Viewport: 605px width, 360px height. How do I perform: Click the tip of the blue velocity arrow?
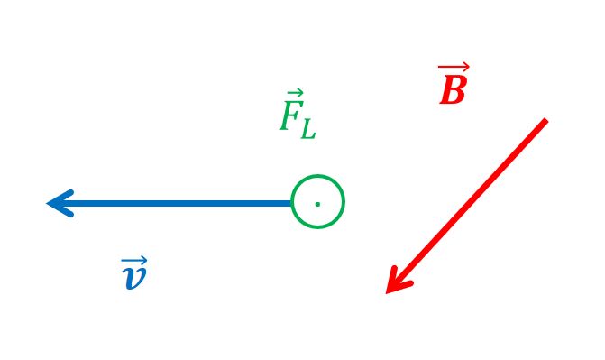[x=47, y=204]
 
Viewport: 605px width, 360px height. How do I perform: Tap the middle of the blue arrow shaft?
[x=170, y=204]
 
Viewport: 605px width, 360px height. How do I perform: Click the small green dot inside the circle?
[x=317, y=204]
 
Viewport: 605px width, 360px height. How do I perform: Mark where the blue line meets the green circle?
[x=292, y=204]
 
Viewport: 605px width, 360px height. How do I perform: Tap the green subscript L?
[x=308, y=130]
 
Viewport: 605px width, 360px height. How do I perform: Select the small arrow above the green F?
[x=296, y=94]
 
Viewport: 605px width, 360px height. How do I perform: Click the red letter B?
[x=454, y=89]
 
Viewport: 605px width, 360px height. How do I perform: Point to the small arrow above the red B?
[x=454, y=67]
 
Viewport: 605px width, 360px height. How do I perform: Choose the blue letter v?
[x=134, y=277]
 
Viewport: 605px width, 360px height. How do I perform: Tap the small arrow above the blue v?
[x=134, y=260]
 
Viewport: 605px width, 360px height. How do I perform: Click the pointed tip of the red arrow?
[x=386, y=293]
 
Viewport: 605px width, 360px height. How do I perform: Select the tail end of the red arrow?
[x=546, y=120]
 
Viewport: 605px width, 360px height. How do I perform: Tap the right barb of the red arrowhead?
[x=400, y=288]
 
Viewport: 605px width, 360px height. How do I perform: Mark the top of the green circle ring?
[x=317, y=176]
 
